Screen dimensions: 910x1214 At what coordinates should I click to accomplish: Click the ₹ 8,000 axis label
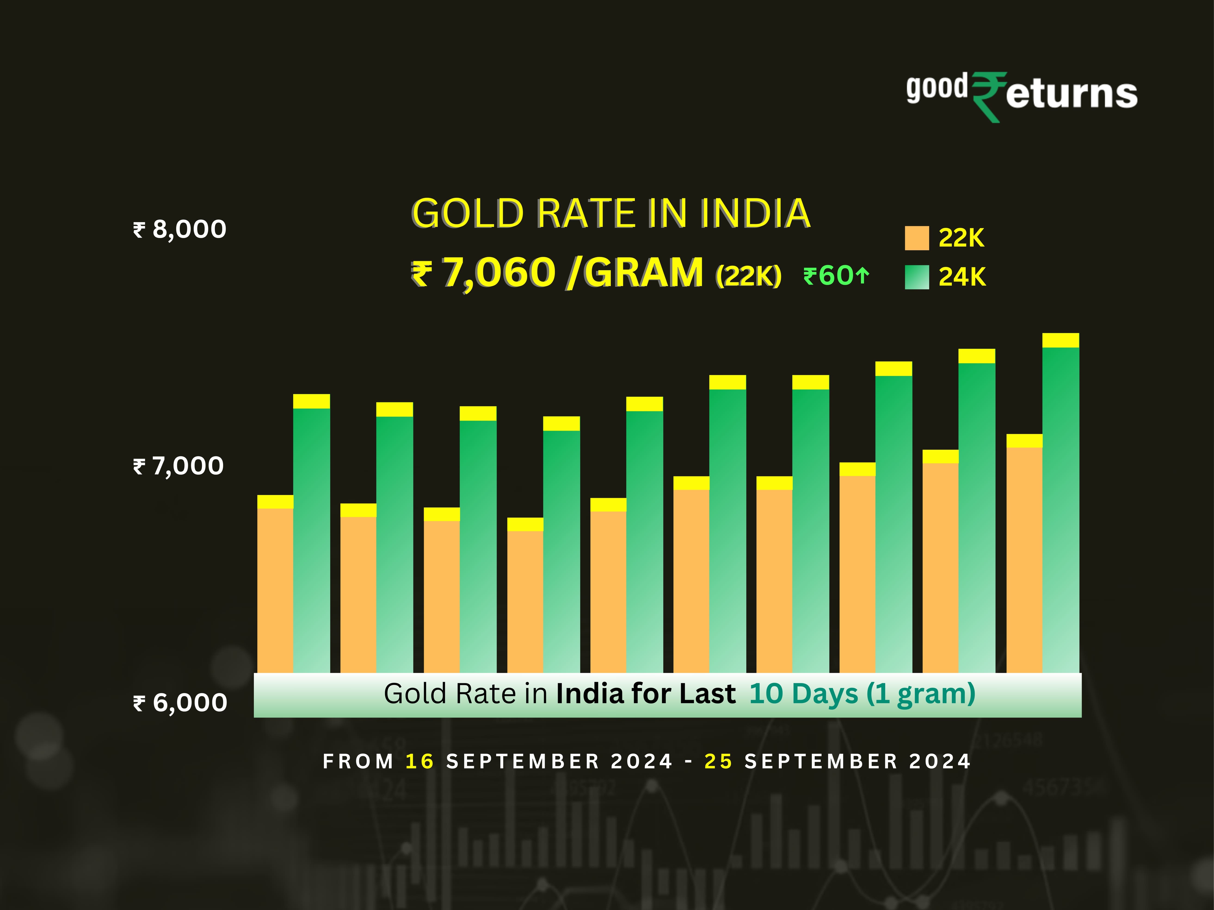point(179,229)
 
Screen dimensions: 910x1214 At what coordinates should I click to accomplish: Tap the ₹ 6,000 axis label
point(180,703)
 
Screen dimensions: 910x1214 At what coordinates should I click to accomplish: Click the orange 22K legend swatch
point(917,238)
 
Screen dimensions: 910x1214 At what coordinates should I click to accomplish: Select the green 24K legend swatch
point(917,277)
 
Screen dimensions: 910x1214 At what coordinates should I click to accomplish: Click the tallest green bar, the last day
point(1060,510)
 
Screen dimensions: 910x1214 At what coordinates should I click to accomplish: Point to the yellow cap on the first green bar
point(311,401)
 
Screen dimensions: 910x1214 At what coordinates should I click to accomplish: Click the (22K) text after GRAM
point(748,275)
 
